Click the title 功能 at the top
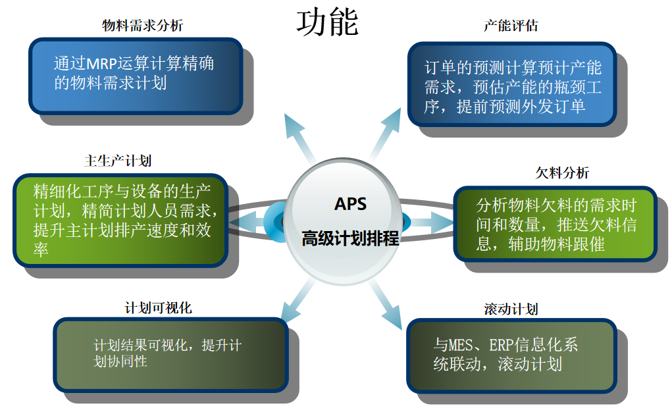(x=327, y=22)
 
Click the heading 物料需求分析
(x=143, y=26)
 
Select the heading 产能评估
(x=511, y=26)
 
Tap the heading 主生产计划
(x=118, y=161)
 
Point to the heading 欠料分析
(x=562, y=173)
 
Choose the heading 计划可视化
(x=158, y=307)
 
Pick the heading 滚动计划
(x=511, y=309)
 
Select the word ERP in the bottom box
(x=514, y=344)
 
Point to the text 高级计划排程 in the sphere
(x=350, y=238)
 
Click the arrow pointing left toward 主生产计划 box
(x=253, y=221)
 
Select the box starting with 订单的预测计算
(x=511, y=84)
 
